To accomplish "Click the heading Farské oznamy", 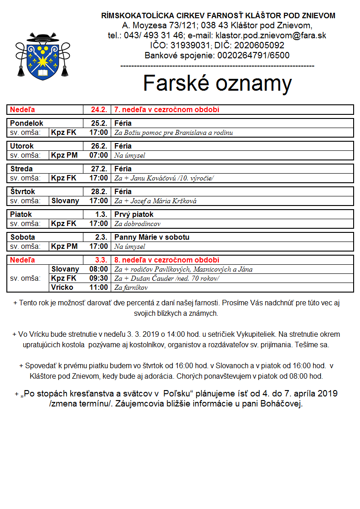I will pyautogui.click(x=217, y=83).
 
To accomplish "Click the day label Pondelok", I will pyautogui.click(x=27, y=123).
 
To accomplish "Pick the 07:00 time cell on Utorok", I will pyautogui.click(x=99, y=155).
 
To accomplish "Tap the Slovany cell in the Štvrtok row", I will pyautogui.click(x=65, y=201).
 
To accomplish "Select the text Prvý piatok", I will pyautogui.click(x=134, y=215).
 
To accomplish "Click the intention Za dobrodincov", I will pyautogui.click(x=137, y=224).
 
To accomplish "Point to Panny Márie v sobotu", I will pyautogui.click(x=152, y=237).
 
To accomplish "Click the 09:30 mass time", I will pyautogui.click(x=99, y=278).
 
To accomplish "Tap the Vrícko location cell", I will pyautogui.click(x=63, y=288).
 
